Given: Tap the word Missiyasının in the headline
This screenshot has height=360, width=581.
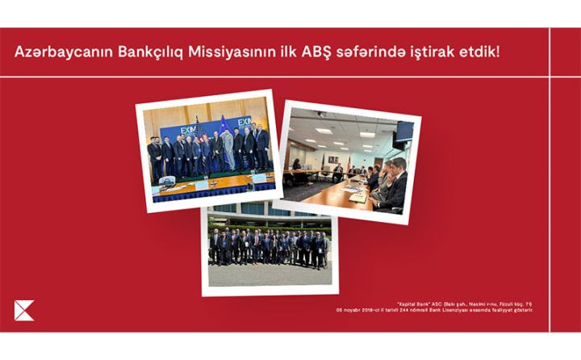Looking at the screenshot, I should pyautogui.click(x=240, y=53).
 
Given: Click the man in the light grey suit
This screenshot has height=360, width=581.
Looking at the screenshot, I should pyautogui.click(x=228, y=149).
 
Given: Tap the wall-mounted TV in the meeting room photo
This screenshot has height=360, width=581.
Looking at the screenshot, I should pyautogui.click(x=403, y=131).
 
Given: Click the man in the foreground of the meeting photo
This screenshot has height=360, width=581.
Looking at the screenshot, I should pyautogui.click(x=392, y=190).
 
